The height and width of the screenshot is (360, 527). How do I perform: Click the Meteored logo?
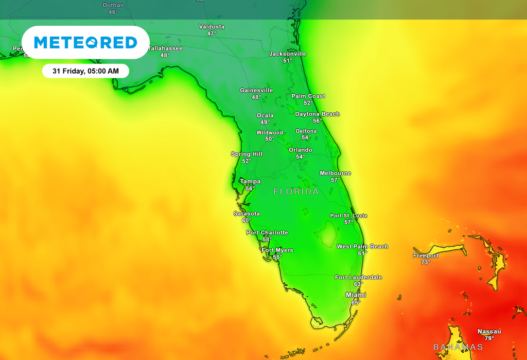(85, 42)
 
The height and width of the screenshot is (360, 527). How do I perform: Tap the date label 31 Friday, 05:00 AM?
(85, 71)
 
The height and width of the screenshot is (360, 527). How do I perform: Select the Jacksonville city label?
(288, 54)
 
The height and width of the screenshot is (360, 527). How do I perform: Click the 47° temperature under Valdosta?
(212, 33)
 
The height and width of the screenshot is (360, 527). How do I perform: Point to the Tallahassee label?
(165, 48)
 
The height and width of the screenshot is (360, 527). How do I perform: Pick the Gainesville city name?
(256, 90)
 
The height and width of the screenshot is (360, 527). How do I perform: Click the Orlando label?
(301, 150)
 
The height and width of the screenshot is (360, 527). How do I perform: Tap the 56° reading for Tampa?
(250, 188)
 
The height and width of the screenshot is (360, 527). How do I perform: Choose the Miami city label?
(356, 295)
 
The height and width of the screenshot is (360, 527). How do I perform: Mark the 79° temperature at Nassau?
(489, 338)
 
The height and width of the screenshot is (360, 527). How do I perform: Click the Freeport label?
(426, 255)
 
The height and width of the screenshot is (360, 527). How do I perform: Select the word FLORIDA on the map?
(296, 192)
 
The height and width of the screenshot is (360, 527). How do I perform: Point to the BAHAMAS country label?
(458, 347)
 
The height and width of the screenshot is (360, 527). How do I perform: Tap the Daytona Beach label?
(317, 114)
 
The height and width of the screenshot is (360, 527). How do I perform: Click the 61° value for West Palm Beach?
(363, 253)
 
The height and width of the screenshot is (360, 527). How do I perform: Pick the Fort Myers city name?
(277, 250)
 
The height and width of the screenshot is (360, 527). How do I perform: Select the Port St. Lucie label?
(349, 215)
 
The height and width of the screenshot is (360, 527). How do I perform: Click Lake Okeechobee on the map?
(326, 235)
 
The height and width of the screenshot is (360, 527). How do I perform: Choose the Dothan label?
(113, 5)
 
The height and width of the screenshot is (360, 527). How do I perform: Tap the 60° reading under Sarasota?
(247, 220)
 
